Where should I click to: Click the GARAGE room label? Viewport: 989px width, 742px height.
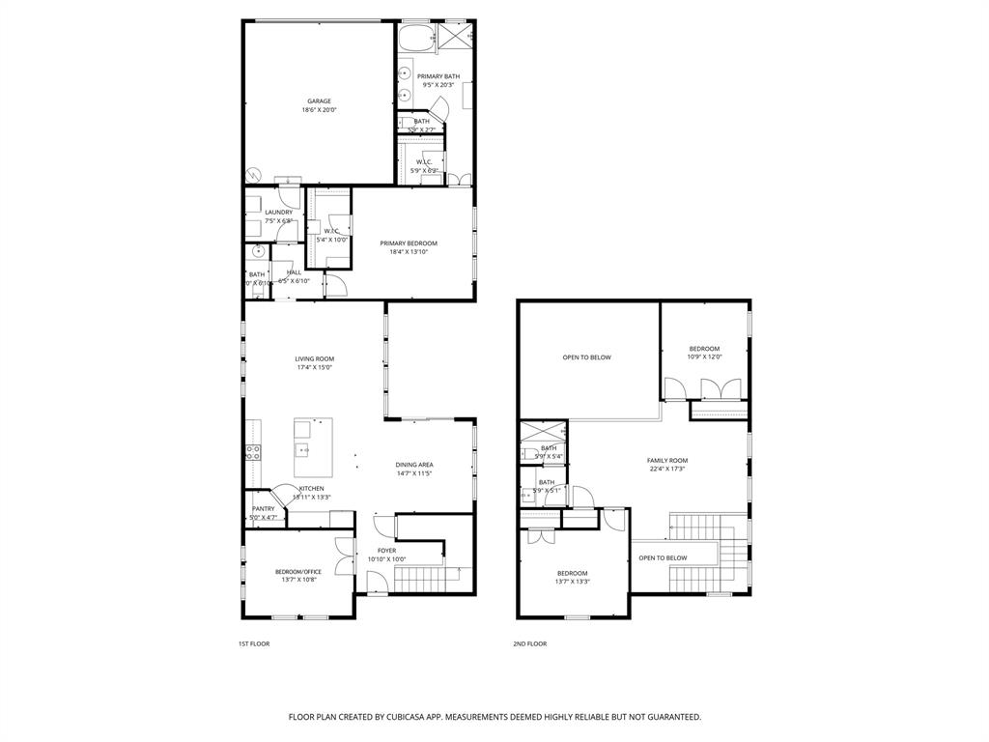pos(319,100)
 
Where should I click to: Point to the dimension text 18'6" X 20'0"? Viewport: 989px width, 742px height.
pos(319,110)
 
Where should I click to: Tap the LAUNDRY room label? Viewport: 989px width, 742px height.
pos(278,212)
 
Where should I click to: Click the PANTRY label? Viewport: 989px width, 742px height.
pos(263,508)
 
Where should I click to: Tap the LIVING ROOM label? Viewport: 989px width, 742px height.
pos(314,358)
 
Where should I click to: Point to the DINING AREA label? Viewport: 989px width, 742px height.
pos(413,464)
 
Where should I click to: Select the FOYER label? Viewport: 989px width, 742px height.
pos(386,550)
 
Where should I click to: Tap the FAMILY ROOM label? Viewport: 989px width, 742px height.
pos(666,460)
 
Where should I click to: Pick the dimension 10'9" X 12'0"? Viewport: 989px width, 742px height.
pos(704,357)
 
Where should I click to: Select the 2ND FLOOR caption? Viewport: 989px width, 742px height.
pos(529,643)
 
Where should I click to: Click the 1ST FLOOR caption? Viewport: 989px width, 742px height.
pos(254,643)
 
